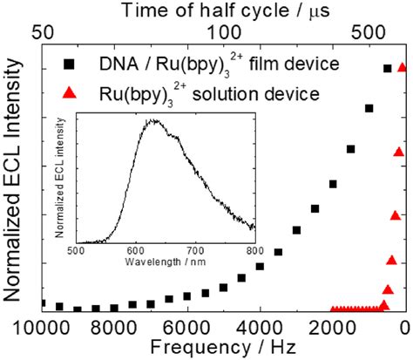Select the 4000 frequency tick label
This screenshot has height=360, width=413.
click(x=260, y=327)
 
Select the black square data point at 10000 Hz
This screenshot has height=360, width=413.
click(x=41, y=303)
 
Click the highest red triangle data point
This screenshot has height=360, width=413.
click(x=403, y=67)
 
